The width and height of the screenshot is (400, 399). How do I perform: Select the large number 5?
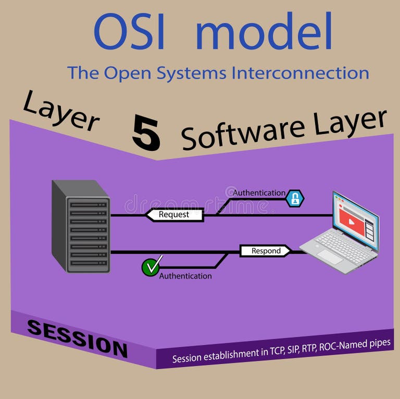146,133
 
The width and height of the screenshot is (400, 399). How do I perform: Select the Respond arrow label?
266,251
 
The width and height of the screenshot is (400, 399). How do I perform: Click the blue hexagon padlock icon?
295,198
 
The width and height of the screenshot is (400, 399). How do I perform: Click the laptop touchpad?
330,256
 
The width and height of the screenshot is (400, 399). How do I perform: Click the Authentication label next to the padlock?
259,193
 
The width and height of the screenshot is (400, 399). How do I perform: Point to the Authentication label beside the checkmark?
185,276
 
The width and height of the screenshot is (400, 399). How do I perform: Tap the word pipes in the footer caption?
380,343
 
